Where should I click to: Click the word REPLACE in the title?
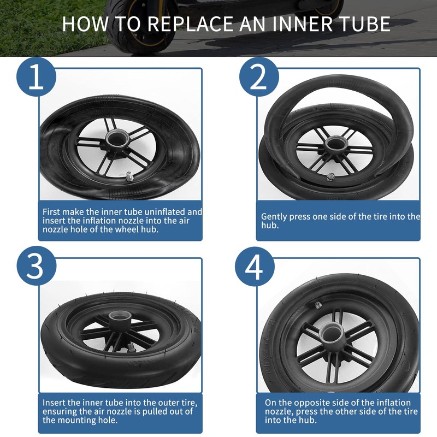click(x=186, y=25)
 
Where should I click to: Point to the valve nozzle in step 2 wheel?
click(x=330, y=176)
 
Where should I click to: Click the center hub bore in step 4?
click(x=332, y=332)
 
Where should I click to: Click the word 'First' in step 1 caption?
click(x=52, y=211)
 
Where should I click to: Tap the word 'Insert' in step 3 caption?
click(x=54, y=403)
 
